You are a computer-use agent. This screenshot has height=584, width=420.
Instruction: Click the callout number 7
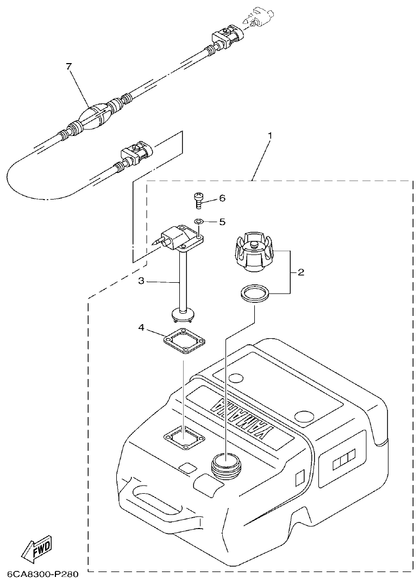pyautogui.click(x=68, y=66)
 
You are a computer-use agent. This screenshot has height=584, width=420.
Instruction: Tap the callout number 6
pyautogui.click(x=222, y=198)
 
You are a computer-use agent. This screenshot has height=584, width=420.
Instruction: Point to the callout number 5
pyautogui.click(x=222, y=222)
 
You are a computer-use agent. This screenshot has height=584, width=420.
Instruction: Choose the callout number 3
pyautogui.click(x=141, y=281)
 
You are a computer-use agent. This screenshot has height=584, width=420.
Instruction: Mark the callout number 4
pyautogui.click(x=141, y=328)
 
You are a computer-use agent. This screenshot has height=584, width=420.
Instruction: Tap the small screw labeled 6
pyautogui.click(x=199, y=201)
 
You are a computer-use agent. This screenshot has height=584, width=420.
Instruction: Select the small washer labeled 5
pyautogui.click(x=199, y=222)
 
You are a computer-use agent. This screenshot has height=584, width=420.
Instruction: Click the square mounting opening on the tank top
pyautogui.click(x=184, y=438)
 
